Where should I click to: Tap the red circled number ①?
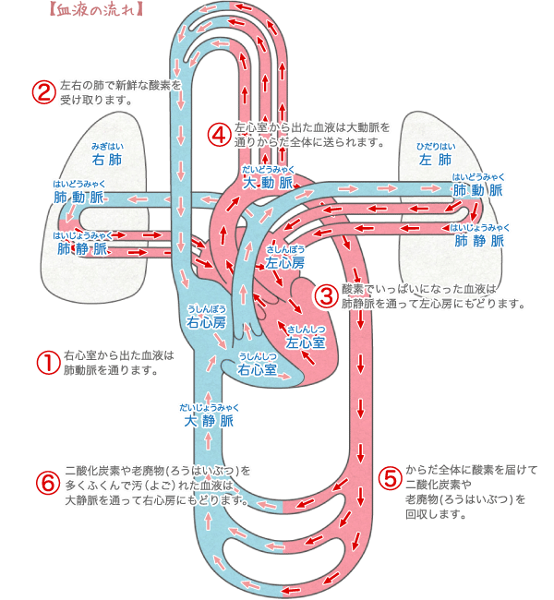coord(45,361)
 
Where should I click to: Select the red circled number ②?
coord(42,92)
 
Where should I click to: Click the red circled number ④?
coord(218,134)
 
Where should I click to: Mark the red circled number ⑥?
coord(45,484)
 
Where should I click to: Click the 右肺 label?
coord(107,159)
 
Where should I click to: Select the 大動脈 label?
coord(268,182)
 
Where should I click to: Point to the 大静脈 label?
coord(209,421)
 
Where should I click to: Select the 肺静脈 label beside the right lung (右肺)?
coord(82,247)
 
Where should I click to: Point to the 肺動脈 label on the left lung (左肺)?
coord(478,189)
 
